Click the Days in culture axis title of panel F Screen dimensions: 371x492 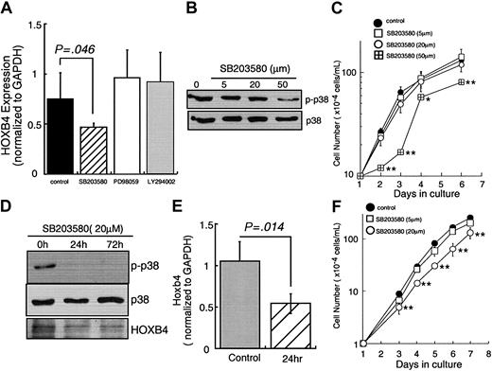[421, 364]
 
